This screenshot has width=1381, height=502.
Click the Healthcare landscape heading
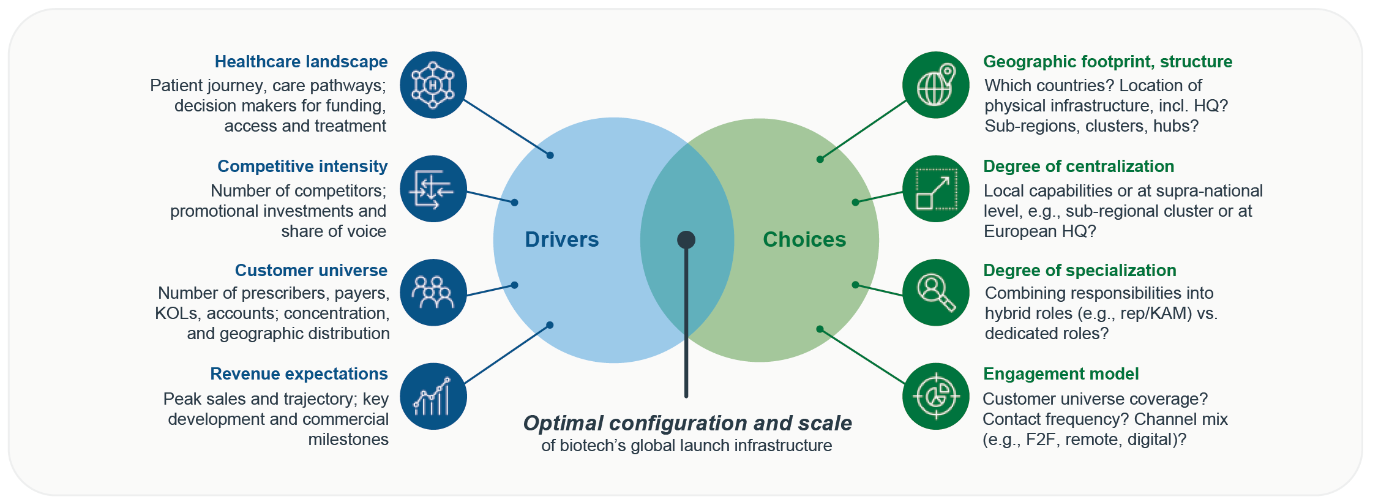301,62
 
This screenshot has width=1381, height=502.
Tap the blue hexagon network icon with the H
433,85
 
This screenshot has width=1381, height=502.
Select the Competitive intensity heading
302,167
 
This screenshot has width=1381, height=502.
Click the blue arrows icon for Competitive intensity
433,189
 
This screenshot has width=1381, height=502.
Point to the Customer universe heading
311,271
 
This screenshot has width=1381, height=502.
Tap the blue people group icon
433,293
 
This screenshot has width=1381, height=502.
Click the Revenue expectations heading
299,374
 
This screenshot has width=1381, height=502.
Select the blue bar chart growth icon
433,396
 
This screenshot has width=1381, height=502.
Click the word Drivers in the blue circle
561,239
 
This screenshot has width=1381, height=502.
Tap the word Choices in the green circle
804,239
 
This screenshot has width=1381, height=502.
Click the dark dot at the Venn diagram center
686,239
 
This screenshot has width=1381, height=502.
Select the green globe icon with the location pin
935,85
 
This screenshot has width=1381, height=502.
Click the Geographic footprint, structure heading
1107,62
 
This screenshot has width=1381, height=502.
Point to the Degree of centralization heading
1078,167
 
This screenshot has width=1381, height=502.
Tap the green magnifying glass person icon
935,293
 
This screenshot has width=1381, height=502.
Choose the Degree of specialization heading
1079,271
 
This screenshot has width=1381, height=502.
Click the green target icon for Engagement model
935,396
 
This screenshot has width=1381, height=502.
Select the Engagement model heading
1060,374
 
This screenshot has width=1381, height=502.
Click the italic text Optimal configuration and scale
687,423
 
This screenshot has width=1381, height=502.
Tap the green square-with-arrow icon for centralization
935,189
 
